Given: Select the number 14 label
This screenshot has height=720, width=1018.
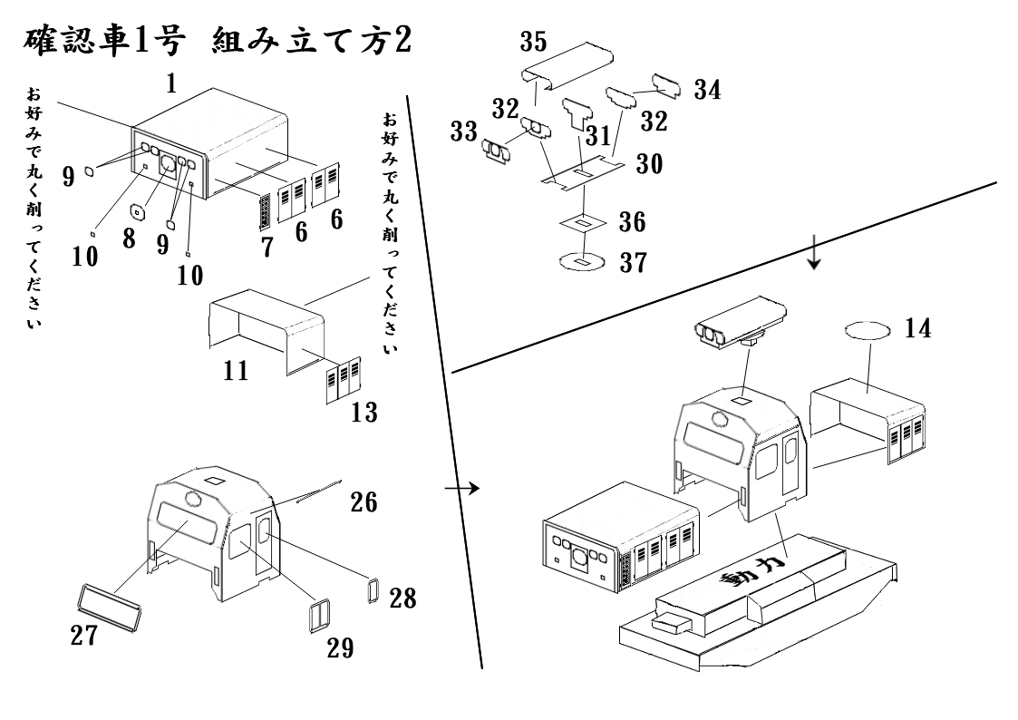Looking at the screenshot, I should point(916,329).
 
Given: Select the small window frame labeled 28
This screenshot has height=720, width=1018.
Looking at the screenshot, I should point(372,589).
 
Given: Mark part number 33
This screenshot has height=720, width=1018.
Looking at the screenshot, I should point(464,131).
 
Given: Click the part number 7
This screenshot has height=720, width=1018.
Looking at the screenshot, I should point(267,246).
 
